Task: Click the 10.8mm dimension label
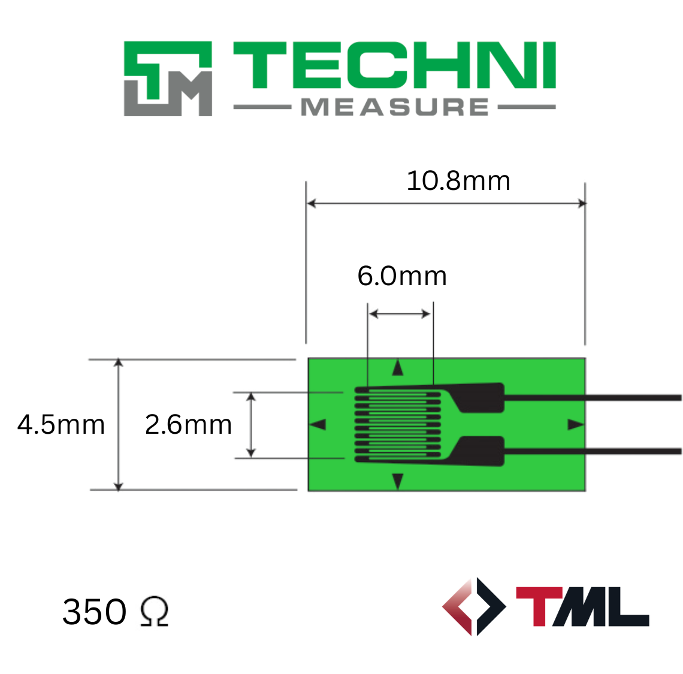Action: [x=458, y=180]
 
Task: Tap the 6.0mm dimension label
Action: [x=402, y=276]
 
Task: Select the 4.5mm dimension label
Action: [x=61, y=424]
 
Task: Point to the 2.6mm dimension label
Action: [x=188, y=424]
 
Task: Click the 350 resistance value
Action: [x=95, y=611]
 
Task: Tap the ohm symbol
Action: [x=154, y=611]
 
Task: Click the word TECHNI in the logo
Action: [x=395, y=65]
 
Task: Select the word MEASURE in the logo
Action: [x=395, y=107]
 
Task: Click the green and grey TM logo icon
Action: [x=168, y=79]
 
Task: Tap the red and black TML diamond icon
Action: [x=475, y=606]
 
